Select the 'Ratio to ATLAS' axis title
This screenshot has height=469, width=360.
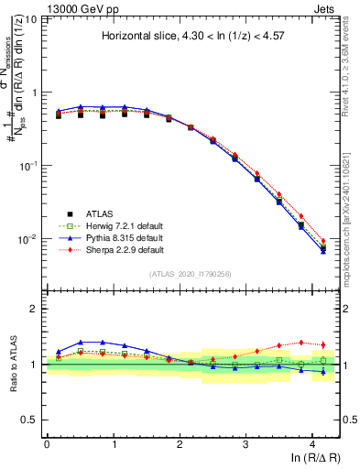pyautogui.click(x=12, y=364)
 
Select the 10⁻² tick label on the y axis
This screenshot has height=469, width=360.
pyautogui.click(x=27, y=239)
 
